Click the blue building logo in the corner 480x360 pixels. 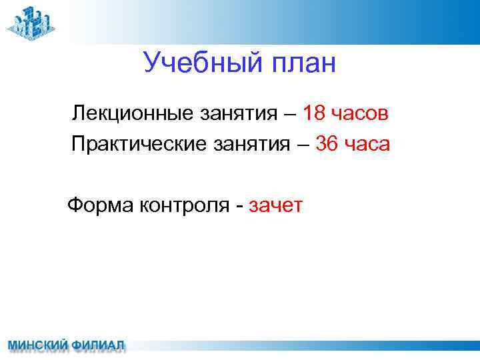click(x=31, y=24)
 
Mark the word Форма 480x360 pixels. click(x=100, y=205)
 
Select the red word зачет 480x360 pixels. click(x=275, y=205)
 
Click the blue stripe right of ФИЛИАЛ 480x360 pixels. click(x=300, y=346)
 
